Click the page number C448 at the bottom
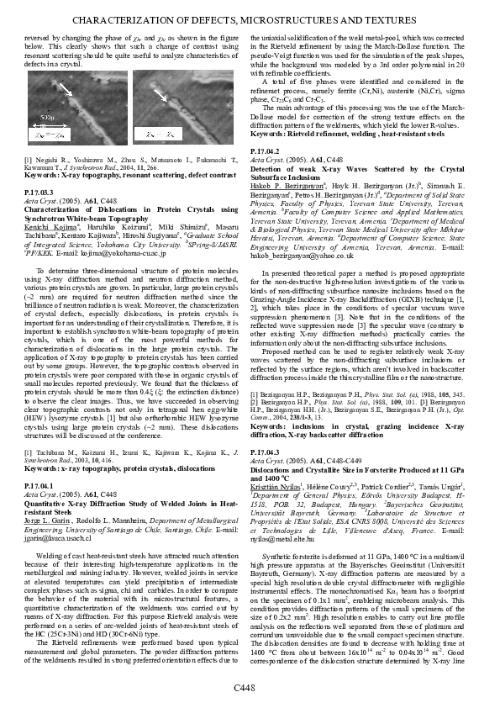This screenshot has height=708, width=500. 250,690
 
